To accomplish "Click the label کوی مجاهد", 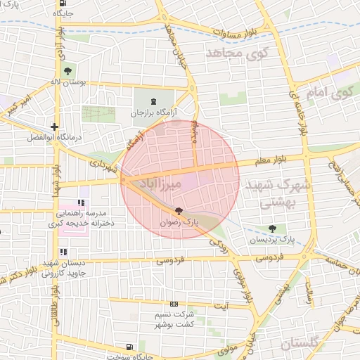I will click(x=233, y=53).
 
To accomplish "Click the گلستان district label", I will click(x=304, y=343).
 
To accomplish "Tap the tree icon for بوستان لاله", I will click(x=67, y=70).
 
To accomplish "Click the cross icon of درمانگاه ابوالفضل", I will click(x=54, y=127).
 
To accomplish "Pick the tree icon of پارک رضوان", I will click(x=178, y=210).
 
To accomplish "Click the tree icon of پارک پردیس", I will click(x=273, y=229).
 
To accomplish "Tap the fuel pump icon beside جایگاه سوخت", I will click(x=129, y=347).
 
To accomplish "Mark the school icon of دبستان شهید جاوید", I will click(x=63, y=252).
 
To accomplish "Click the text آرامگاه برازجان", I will click(x=155, y=112).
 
